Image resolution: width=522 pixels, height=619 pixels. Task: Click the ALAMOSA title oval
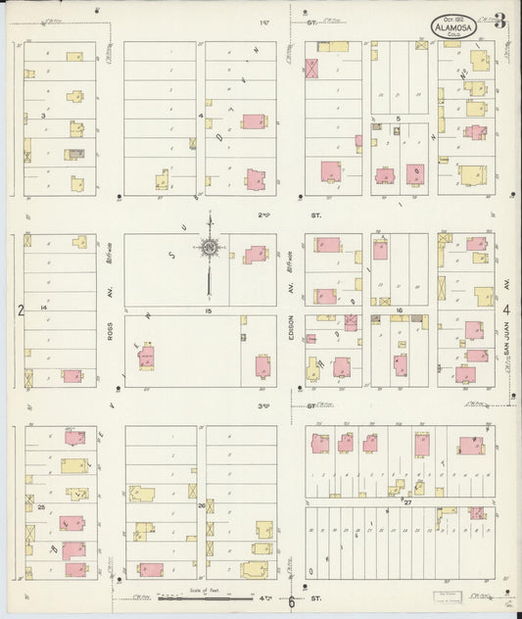pyautogui.click(x=455, y=25)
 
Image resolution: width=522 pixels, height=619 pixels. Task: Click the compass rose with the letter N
pyautogui.click(x=211, y=250)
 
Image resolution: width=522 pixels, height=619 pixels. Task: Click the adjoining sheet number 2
pyautogui.click(x=19, y=310)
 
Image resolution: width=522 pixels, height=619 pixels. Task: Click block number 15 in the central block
pyautogui.click(x=208, y=310)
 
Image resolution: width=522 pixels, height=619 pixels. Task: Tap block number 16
pyautogui.click(x=400, y=310)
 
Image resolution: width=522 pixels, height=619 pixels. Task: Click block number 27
pyautogui.click(x=406, y=501)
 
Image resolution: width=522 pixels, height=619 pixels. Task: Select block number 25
pyautogui.click(x=41, y=506)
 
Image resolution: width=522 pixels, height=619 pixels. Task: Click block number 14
pyautogui.click(x=43, y=308)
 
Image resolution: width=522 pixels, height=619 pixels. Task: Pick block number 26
pyautogui.click(x=202, y=506)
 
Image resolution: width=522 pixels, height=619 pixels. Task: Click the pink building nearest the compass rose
pyautogui.click(x=255, y=255)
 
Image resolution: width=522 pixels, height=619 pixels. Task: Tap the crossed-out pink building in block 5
pyautogui.click(x=312, y=69)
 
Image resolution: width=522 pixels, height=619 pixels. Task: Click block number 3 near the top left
pyautogui.click(x=44, y=117)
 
